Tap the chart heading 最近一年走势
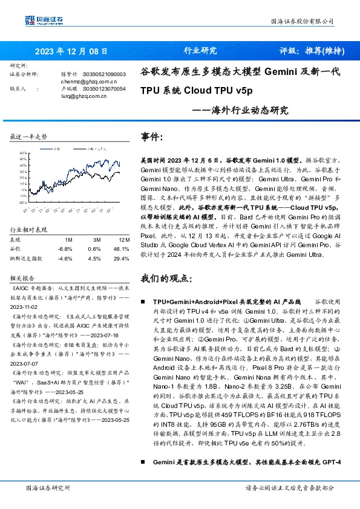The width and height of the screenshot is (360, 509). pyautogui.click(x=28, y=137)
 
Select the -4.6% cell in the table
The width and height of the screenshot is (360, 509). pyautogui.click(x=64, y=258)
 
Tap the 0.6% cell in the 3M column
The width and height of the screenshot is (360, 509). pyautogui.click(x=94, y=248)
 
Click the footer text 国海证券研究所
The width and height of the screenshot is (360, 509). pyautogui.click(x=48, y=488)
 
